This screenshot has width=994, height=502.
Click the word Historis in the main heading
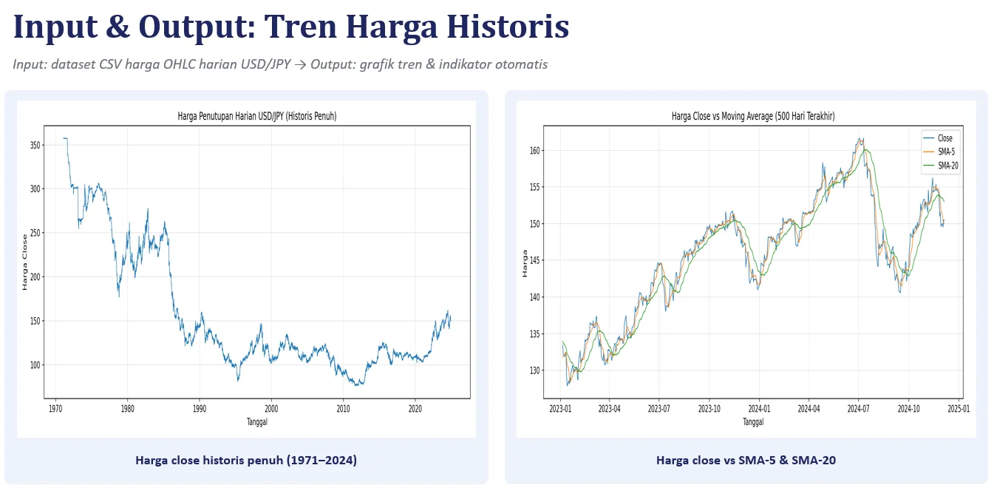pos(508,27)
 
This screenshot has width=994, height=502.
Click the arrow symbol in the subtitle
pos(301,65)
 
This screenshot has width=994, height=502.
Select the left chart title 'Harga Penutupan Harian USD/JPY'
pos(257,116)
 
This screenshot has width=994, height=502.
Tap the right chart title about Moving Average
pos(753,116)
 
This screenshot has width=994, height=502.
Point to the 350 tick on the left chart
pos(35,145)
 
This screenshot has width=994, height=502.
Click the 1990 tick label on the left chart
pos(200,409)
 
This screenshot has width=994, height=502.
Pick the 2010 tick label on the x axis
pos(343,409)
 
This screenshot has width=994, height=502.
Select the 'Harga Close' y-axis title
pos(25,262)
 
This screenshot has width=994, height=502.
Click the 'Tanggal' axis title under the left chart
pos(257,421)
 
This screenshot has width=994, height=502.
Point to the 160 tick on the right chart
pos(535,151)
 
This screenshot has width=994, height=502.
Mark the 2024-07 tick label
pos(858,409)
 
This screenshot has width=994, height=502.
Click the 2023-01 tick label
pos(560,409)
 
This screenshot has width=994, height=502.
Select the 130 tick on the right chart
pos(535,370)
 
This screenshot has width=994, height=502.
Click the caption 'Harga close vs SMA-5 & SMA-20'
pos(746,461)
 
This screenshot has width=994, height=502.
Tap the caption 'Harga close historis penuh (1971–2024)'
pos(246,461)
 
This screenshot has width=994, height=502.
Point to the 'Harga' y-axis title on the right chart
pos(525,264)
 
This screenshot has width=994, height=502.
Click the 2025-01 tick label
pos(959,409)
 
